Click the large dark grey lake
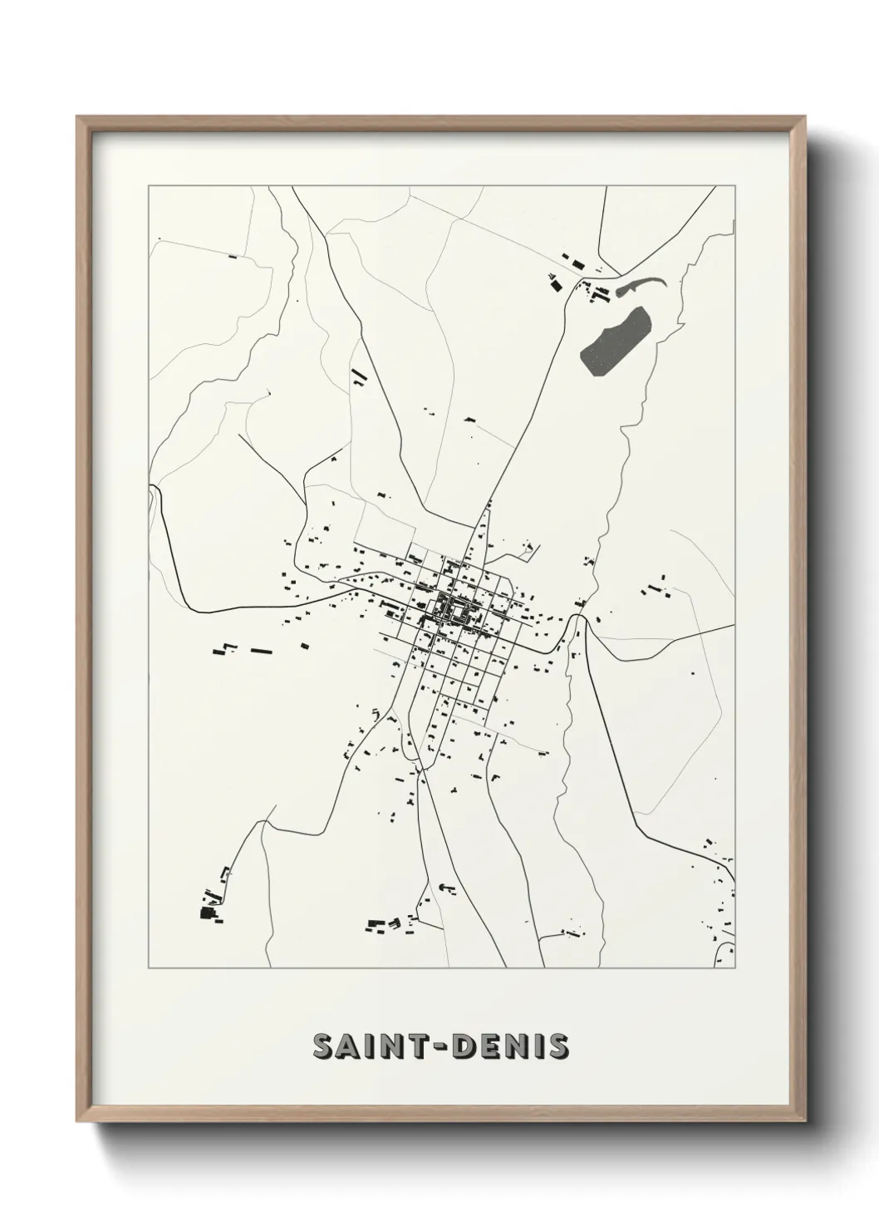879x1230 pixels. point(615,342)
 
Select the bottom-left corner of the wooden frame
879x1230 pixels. point(79,1119)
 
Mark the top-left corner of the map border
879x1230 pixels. point(149,186)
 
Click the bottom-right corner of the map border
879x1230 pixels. point(736,968)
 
